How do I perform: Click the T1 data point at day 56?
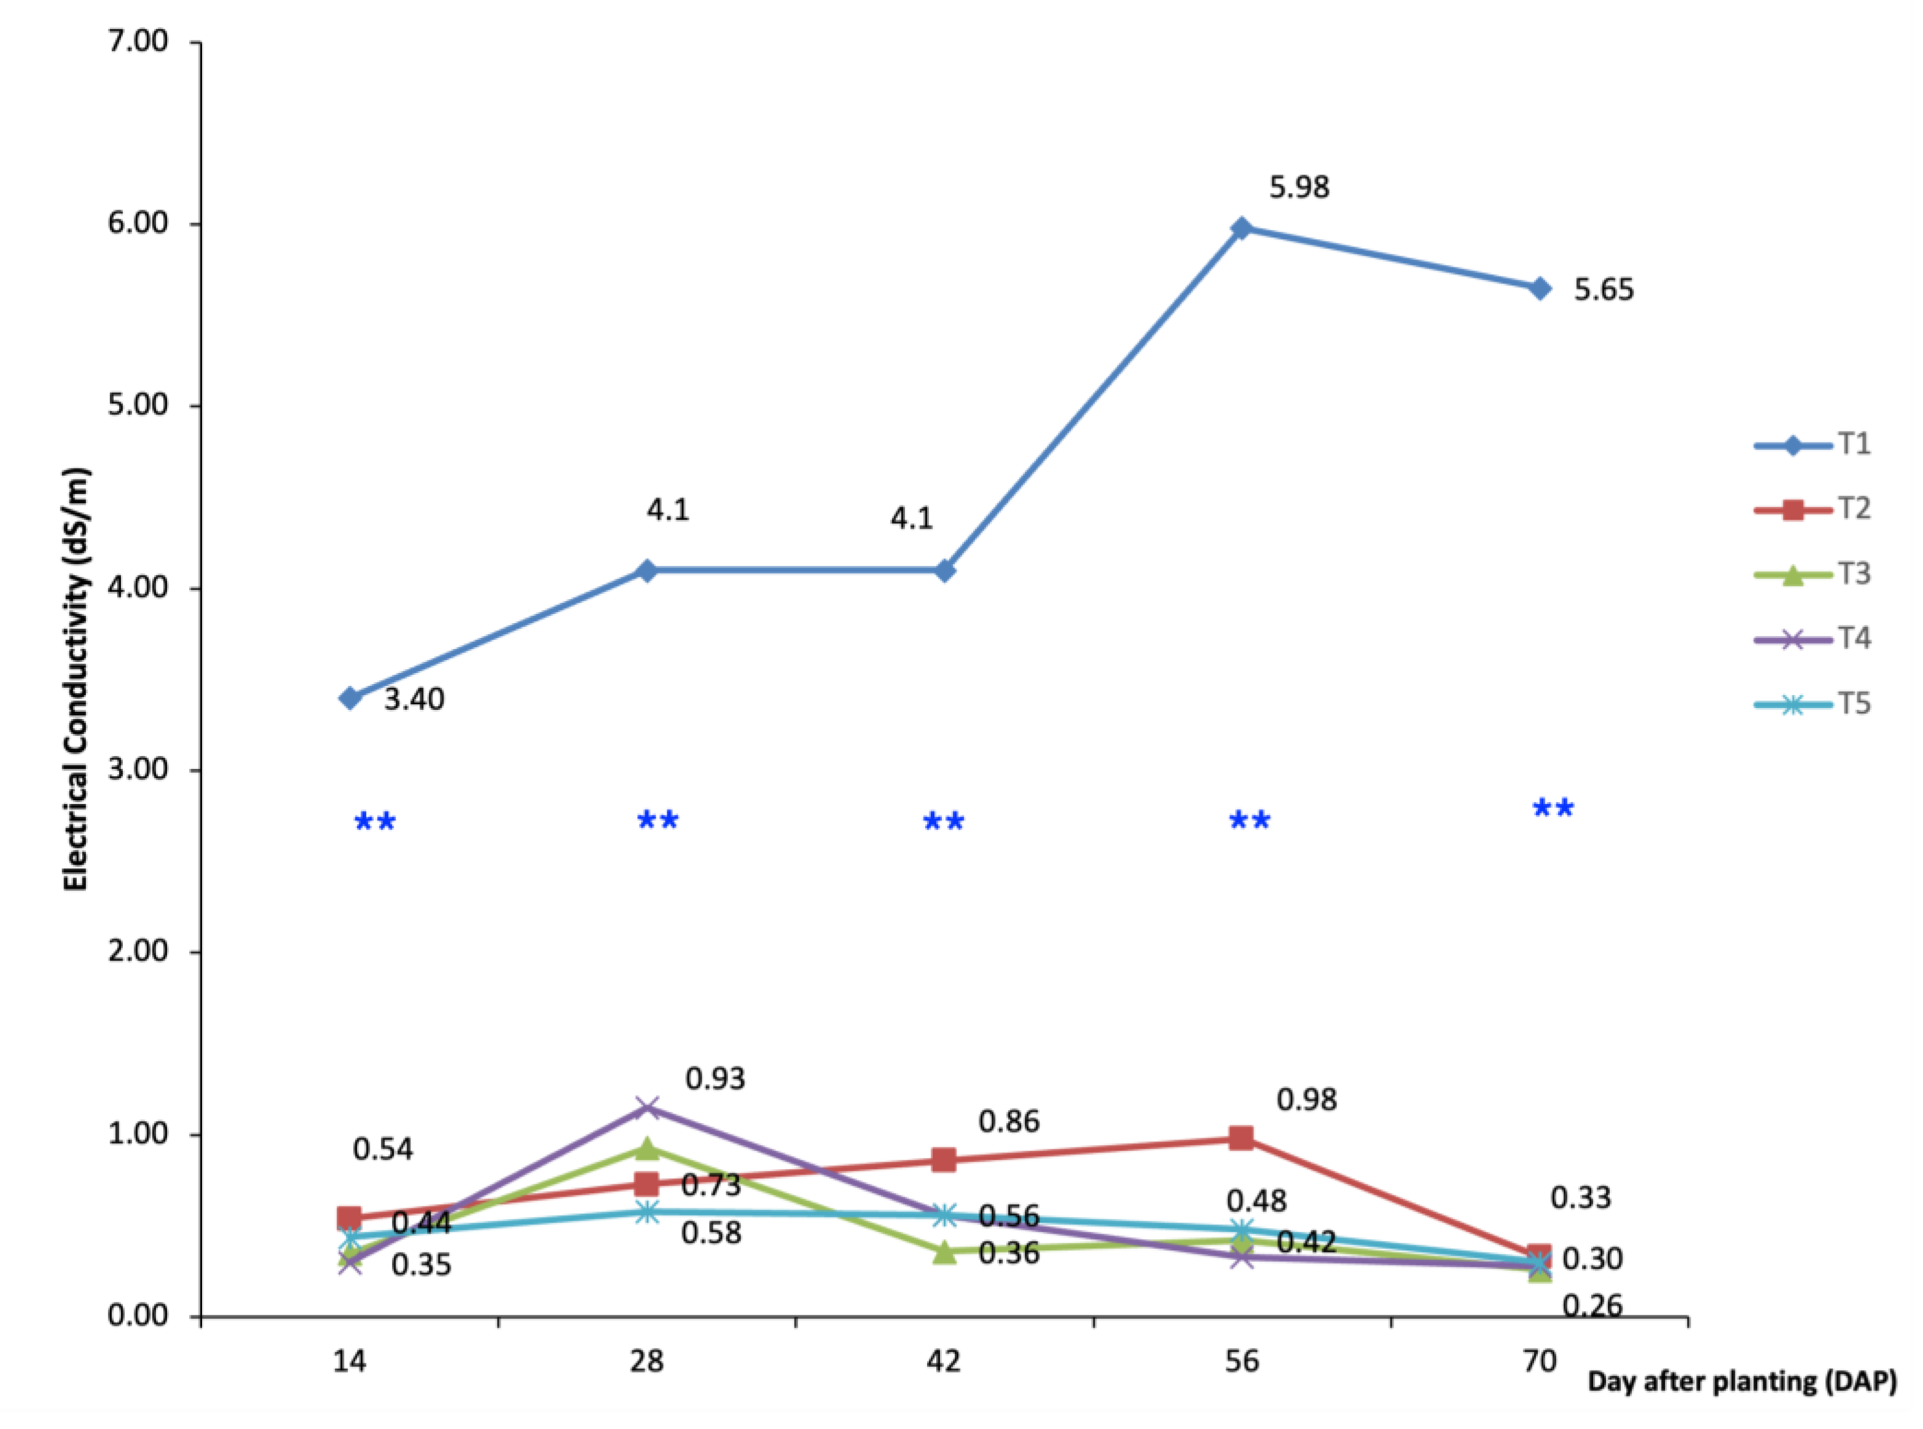(1241, 229)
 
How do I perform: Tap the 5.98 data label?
(1299, 187)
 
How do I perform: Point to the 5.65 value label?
(1603, 289)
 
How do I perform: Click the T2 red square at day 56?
(1241, 1138)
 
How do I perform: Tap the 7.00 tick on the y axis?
(138, 42)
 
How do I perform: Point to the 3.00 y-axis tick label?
(138, 770)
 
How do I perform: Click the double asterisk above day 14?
(375, 822)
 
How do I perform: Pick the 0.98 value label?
(1307, 1100)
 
